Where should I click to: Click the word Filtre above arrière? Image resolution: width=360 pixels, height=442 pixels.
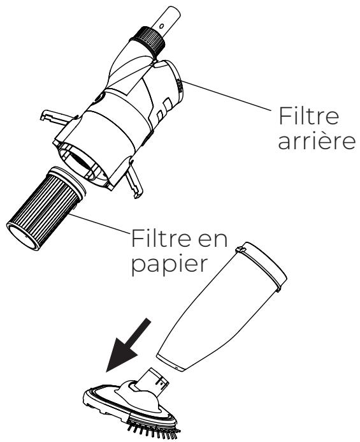click(x=307, y=117)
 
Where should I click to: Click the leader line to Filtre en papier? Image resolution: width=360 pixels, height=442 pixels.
click(x=102, y=226)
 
